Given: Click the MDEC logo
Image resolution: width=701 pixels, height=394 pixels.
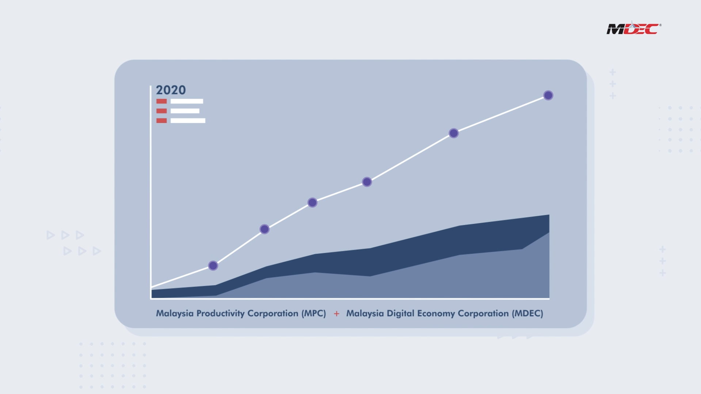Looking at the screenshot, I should point(633,28).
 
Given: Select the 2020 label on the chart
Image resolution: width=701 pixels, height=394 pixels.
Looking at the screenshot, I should point(171,90).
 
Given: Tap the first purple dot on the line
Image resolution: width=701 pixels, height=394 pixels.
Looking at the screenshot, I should point(213,265).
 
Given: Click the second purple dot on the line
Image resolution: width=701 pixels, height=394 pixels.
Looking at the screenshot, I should point(264,229).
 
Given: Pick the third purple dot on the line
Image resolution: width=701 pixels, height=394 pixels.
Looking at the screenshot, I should point(312,202).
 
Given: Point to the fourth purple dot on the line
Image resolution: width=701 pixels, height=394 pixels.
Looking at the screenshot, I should point(367,182).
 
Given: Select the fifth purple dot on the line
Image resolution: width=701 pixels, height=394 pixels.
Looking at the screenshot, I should point(453,133).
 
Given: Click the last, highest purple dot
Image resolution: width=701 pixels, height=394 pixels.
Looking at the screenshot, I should point(548,95).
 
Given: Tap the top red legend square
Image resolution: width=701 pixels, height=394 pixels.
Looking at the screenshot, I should point(161,101).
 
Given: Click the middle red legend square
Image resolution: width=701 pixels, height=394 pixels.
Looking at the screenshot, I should point(161,111).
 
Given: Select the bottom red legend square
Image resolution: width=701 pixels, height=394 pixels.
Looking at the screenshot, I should point(161,121).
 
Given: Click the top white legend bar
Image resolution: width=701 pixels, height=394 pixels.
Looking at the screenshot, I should point(187,101).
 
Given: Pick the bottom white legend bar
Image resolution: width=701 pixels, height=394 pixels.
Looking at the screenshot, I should point(188,121).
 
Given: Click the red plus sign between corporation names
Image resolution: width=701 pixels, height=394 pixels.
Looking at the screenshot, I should point(336,314).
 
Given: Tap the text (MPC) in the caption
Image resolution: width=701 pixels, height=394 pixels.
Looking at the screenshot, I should point(314,313).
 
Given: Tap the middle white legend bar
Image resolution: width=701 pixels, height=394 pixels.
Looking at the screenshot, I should point(185,111).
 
